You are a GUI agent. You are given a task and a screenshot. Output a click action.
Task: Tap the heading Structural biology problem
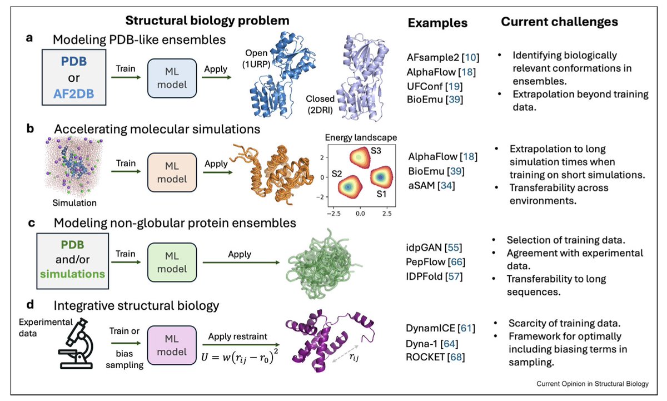coord(206,21)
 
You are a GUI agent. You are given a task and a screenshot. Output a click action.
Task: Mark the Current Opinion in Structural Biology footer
coord(596,384)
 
